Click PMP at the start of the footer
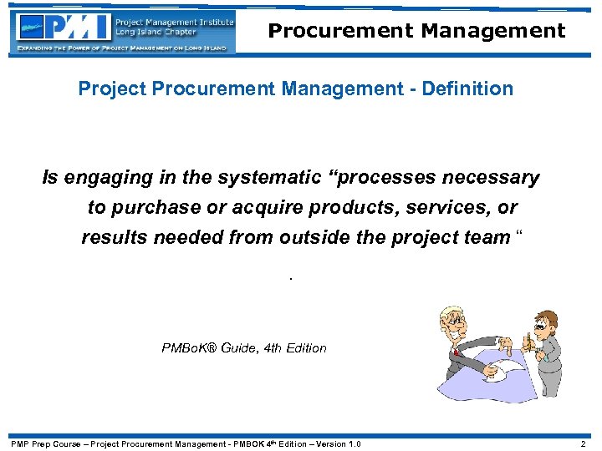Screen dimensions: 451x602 click(x=19, y=443)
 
